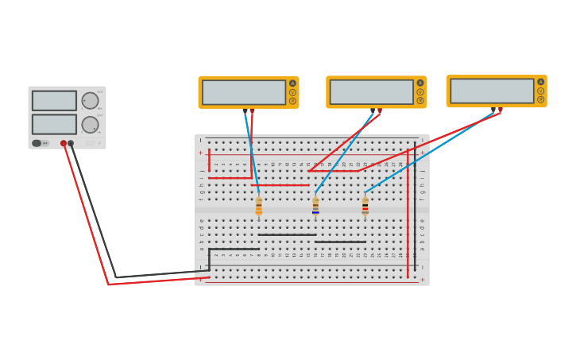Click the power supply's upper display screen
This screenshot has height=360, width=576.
coord(54,101)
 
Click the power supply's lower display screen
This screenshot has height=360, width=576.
coord(54,124)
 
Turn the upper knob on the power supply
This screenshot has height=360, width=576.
coord(90,101)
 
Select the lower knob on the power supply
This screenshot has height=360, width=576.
coord(90,125)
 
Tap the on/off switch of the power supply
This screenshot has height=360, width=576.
coord(37,143)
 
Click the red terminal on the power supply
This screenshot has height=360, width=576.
coord(64,143)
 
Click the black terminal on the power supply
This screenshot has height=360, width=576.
coord(71,143)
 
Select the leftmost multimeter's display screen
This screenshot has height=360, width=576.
coord(243,92)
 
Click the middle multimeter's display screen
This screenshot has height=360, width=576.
coord(371,91)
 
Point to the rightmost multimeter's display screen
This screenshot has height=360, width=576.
coord(492,91)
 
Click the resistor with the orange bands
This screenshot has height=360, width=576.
coord(259,207)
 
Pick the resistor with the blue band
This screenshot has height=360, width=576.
coord(315,207)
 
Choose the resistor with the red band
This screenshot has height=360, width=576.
coord(365,207)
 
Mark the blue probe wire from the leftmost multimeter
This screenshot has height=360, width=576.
coord(251,151)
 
